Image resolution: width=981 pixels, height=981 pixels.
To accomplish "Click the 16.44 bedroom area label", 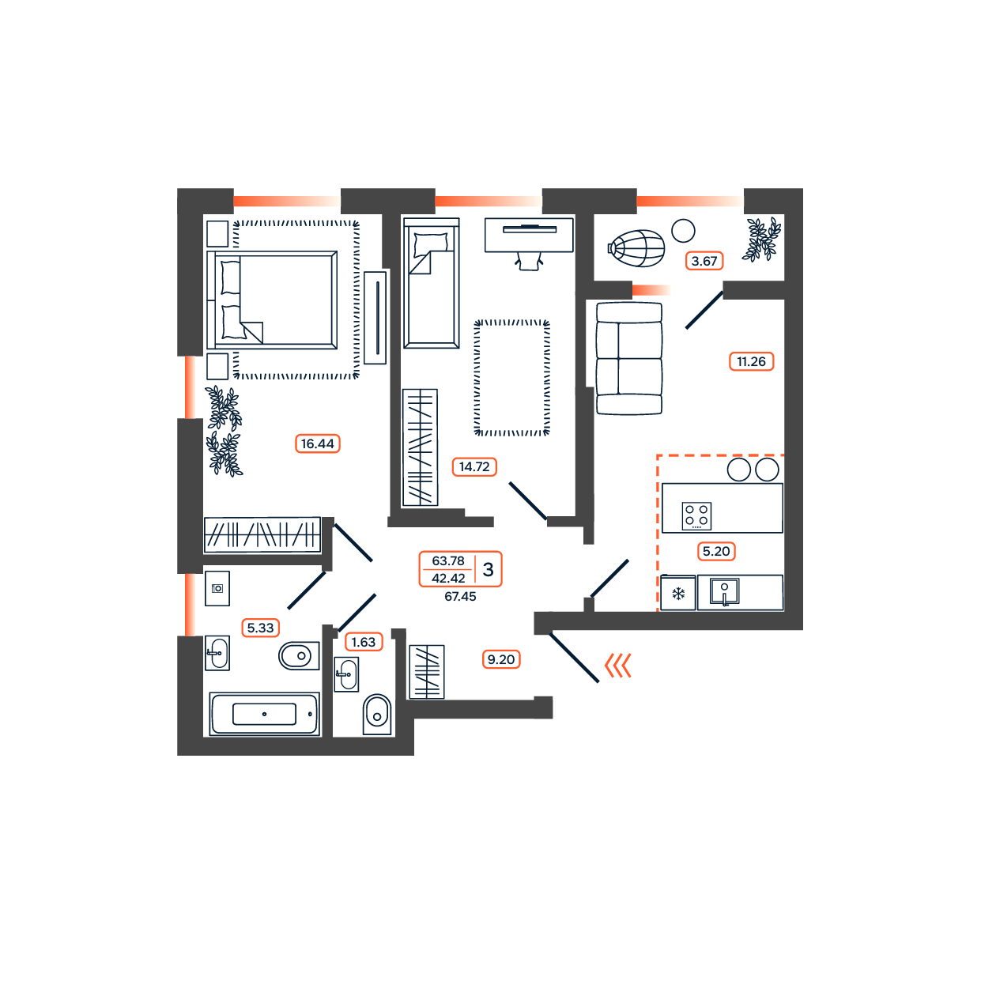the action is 317,443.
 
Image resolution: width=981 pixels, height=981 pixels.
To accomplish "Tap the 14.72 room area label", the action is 474,466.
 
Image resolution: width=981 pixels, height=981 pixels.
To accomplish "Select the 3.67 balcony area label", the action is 704,261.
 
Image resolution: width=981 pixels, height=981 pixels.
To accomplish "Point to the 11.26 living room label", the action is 751,361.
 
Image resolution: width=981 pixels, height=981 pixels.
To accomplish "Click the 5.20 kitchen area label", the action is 715,551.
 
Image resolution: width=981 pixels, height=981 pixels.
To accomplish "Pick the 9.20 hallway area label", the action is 501,659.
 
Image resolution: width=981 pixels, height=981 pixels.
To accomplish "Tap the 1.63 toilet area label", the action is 364,642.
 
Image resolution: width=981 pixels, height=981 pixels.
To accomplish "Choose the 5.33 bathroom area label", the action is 260,628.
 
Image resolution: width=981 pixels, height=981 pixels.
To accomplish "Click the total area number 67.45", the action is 460,596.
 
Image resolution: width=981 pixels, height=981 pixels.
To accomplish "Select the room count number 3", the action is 489,569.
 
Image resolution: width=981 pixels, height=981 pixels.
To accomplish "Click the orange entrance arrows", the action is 618,666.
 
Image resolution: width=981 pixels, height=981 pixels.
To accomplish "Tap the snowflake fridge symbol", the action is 678,593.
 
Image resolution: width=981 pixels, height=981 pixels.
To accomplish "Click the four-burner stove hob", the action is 696,515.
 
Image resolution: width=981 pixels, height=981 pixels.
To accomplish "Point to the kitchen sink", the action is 724,591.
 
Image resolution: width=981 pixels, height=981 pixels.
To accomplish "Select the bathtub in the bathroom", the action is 264,714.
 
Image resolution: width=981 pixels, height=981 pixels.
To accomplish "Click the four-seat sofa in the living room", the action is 629,358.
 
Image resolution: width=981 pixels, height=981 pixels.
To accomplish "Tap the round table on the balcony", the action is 683,231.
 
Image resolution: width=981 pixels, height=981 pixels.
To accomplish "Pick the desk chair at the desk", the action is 529,261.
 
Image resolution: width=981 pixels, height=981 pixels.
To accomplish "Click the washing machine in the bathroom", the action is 217,588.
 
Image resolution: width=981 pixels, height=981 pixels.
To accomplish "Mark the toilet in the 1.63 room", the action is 377,715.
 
